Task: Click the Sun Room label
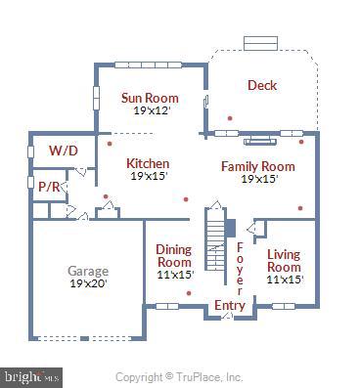[149, 97]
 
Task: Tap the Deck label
[261, 85]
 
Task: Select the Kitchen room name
[149, 163]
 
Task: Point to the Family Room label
[258, 166]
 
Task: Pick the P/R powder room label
[48, 186]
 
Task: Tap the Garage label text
[88, 271]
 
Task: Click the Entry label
[230, 306]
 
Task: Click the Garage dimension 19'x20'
[88, 283]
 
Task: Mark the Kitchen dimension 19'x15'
[149, 176]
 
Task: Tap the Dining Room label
[174, 255]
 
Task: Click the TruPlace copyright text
[179, 376]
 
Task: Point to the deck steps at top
[261, 44]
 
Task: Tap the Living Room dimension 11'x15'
[285, 280]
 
